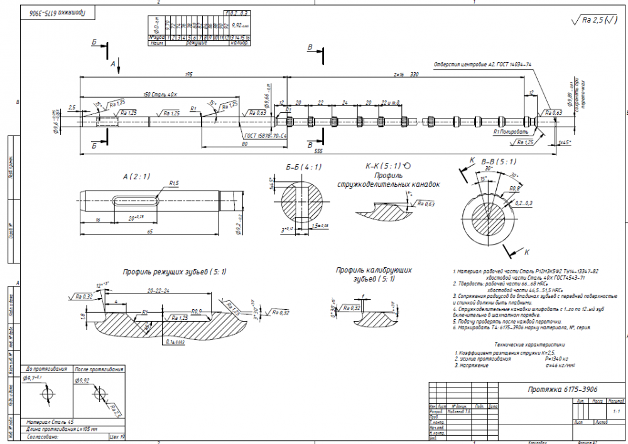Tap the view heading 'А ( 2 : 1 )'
pos(137,177)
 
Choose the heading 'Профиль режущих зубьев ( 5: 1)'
pos(175,272)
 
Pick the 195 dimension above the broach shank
pos(188,74)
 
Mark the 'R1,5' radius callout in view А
pos(174,183)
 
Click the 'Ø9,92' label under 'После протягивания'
pos(83,380)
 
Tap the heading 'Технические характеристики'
pos(528,344)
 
